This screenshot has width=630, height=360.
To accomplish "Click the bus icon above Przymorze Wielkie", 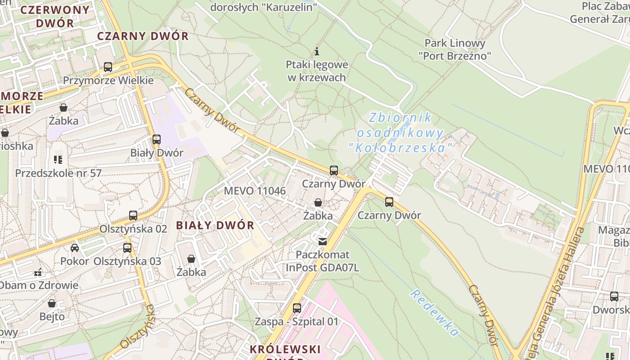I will click(108, 67).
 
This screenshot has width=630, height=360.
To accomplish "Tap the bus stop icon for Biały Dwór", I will click(157, 139).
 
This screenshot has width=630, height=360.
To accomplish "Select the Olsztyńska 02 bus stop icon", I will click(133, 216).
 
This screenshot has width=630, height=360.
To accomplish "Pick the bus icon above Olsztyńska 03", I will click(127, 248).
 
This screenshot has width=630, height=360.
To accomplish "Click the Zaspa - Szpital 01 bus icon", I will click(297, 308).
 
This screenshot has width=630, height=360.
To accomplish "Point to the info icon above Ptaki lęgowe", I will click(317, 51).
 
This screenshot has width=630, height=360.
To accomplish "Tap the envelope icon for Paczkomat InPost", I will click(323, 242).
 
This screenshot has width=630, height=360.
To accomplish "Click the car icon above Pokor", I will click(75, 248).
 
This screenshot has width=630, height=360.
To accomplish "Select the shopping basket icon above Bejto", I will click(52, 303).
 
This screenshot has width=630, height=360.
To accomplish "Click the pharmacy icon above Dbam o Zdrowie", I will click(38, 272).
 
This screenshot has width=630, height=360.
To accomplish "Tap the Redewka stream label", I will click(435, 313).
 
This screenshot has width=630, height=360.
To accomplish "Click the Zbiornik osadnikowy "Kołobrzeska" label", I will click(400, 133).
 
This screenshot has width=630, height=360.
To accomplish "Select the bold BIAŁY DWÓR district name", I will click(215, 225).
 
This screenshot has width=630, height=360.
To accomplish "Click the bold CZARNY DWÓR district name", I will click(143, 36).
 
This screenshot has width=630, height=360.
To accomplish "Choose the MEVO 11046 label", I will click(255, 191).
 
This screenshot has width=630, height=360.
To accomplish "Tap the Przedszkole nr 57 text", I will click(58, 173).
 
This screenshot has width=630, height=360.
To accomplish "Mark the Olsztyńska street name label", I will click(137, 327).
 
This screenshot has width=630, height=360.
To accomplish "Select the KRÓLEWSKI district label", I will click(285, 350).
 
